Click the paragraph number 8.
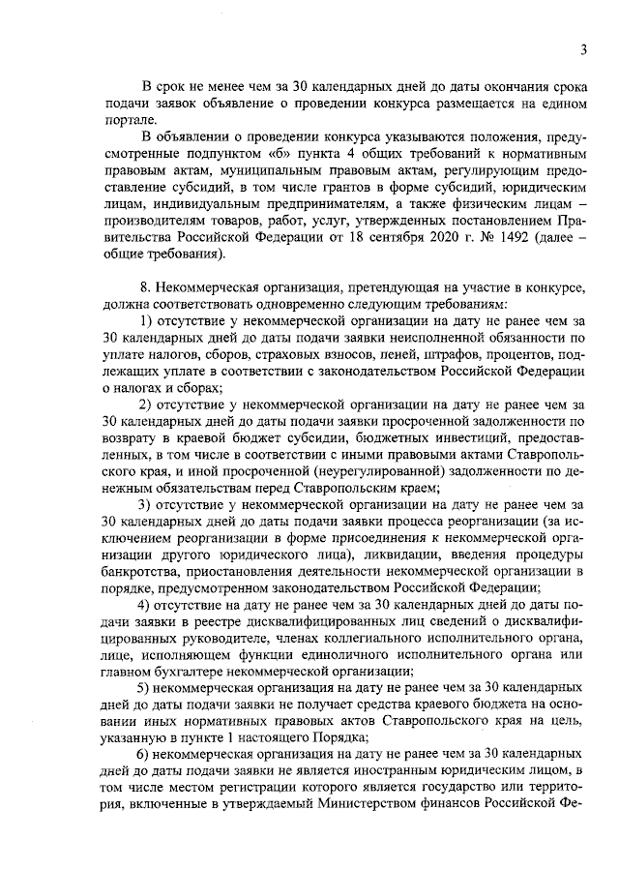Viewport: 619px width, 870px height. (x=146, y=288)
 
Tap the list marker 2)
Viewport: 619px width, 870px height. (x=147, y=405)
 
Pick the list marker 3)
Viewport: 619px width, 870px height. (x=147, y=505)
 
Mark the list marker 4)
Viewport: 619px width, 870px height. (x=147, y=606)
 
